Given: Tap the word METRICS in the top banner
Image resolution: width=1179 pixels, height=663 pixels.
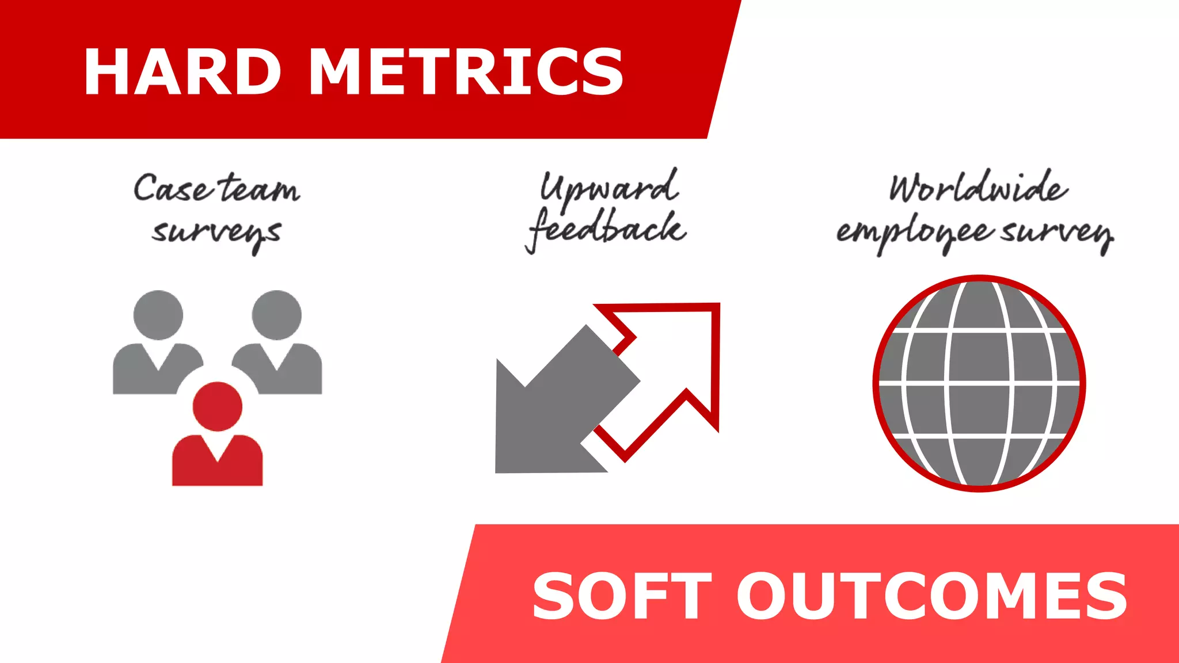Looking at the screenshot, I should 466,71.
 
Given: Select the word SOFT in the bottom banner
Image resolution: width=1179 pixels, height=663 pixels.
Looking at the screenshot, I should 622,596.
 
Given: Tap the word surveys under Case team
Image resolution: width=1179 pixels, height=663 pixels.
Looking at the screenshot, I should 216,233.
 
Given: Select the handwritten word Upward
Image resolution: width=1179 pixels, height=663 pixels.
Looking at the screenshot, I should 609,187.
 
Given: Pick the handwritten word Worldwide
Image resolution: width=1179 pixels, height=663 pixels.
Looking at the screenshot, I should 978,187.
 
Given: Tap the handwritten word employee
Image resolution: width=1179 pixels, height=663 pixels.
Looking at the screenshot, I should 915,233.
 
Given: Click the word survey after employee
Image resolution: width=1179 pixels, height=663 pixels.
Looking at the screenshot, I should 1057,233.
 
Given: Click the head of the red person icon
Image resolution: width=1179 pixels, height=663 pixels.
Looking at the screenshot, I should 217,406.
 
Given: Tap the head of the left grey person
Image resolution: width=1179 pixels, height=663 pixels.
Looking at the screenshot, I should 158,315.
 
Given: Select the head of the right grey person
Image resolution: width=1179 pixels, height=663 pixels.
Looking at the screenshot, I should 277,315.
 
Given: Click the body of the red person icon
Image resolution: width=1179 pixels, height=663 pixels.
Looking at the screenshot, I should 217,463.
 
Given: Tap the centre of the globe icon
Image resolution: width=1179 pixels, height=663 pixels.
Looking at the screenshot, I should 979,383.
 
